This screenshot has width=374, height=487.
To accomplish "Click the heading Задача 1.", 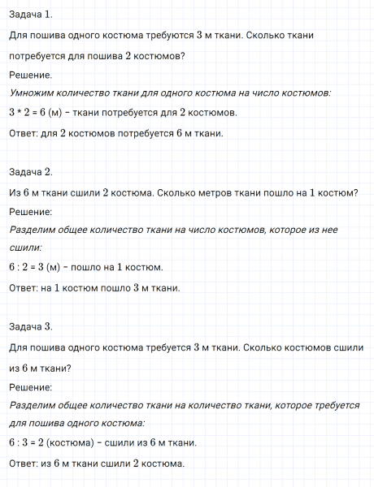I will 31,14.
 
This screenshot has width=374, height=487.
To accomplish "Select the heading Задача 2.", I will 31,171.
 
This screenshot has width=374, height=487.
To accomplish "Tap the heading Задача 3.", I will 31,326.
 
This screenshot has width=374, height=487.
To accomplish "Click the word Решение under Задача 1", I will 30,75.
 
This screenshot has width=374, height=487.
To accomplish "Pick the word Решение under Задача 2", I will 30,212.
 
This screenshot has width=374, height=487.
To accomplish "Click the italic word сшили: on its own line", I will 25,248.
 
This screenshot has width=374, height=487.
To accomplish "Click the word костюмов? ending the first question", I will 157,56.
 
